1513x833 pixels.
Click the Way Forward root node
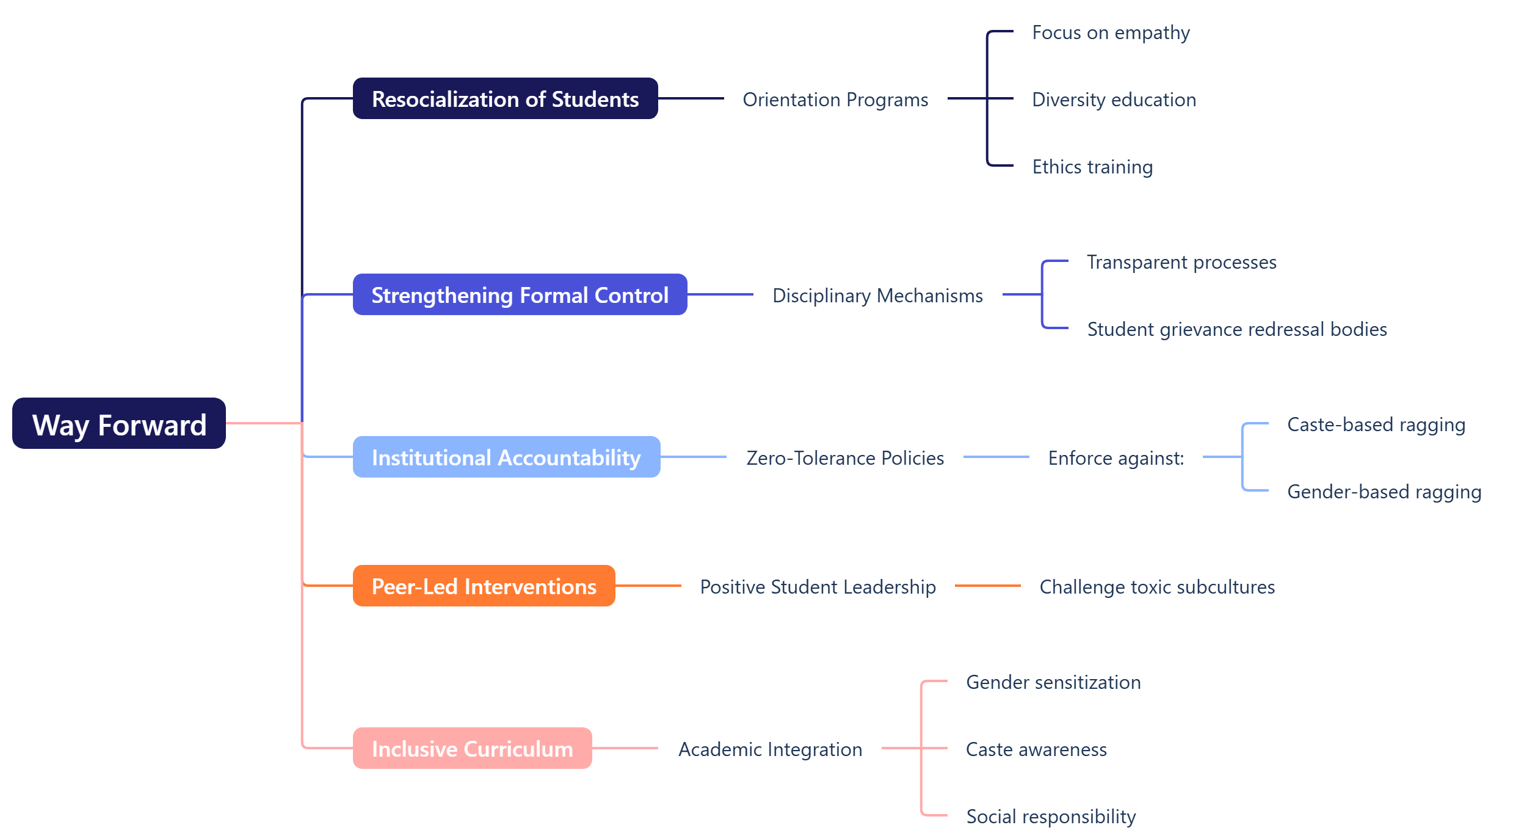coord(119,424)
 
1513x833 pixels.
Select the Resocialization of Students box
coord(505,99)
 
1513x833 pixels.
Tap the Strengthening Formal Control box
coord(520,295)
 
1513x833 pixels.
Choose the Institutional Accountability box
coord(506,457)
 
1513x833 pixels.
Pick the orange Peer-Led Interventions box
coord(484,586)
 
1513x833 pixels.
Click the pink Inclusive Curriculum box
coord(472,749)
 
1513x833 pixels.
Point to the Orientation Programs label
coord(835,100)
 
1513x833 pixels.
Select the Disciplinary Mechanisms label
coord(877,296)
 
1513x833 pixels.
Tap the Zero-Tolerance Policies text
coord(845,458)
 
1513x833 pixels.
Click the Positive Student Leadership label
coord(818,587)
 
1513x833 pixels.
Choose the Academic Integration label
coord(770,749)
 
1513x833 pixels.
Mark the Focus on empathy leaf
coord(1111,32)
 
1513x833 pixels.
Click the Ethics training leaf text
coord(1092,167)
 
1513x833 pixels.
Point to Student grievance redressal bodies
coord(1237,329)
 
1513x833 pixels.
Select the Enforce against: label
coord(1116,458)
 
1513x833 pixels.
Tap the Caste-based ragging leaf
coord(1376,424)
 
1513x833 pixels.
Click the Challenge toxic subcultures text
coord(1157,587)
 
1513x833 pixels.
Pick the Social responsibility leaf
coord(1051,817)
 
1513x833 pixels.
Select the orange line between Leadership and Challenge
coord(987,586)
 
